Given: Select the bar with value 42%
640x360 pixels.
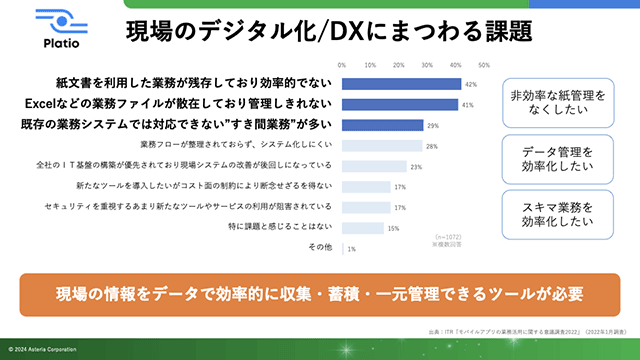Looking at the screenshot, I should click(402, 84).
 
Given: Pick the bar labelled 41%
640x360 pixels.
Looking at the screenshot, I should click(400, 104).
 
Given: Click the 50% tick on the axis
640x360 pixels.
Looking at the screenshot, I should click(484, 66).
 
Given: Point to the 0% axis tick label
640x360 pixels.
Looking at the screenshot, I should click(343, 66).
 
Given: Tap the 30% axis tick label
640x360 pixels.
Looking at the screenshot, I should click(428, 66).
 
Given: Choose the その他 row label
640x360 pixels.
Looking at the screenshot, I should click(320, 247).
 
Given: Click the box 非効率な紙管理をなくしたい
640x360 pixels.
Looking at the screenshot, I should click(557, 102).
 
